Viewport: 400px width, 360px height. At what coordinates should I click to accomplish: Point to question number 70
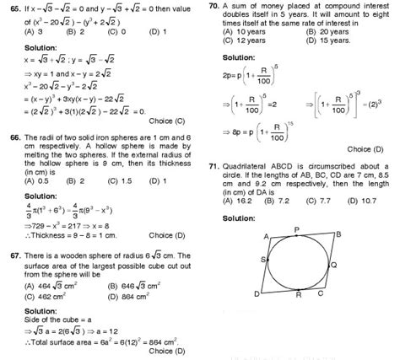click(x=213, y=6)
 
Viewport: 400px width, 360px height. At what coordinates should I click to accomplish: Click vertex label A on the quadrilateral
click(x=268, y=237)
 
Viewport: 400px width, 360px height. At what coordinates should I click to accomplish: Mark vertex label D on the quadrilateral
click(x=256, y=294)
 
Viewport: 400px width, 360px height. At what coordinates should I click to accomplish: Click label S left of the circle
click(x=264, y=258)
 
